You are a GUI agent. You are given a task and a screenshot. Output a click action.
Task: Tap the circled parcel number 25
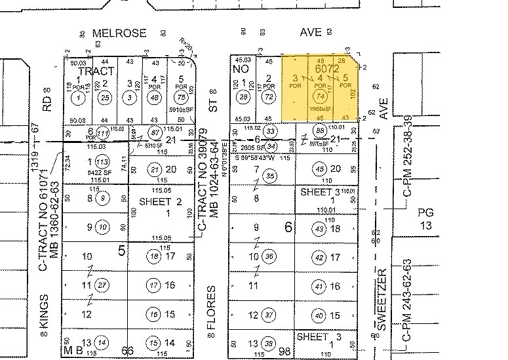(x=105, y=98)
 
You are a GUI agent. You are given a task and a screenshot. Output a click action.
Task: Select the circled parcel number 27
(x=101, y=285)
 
